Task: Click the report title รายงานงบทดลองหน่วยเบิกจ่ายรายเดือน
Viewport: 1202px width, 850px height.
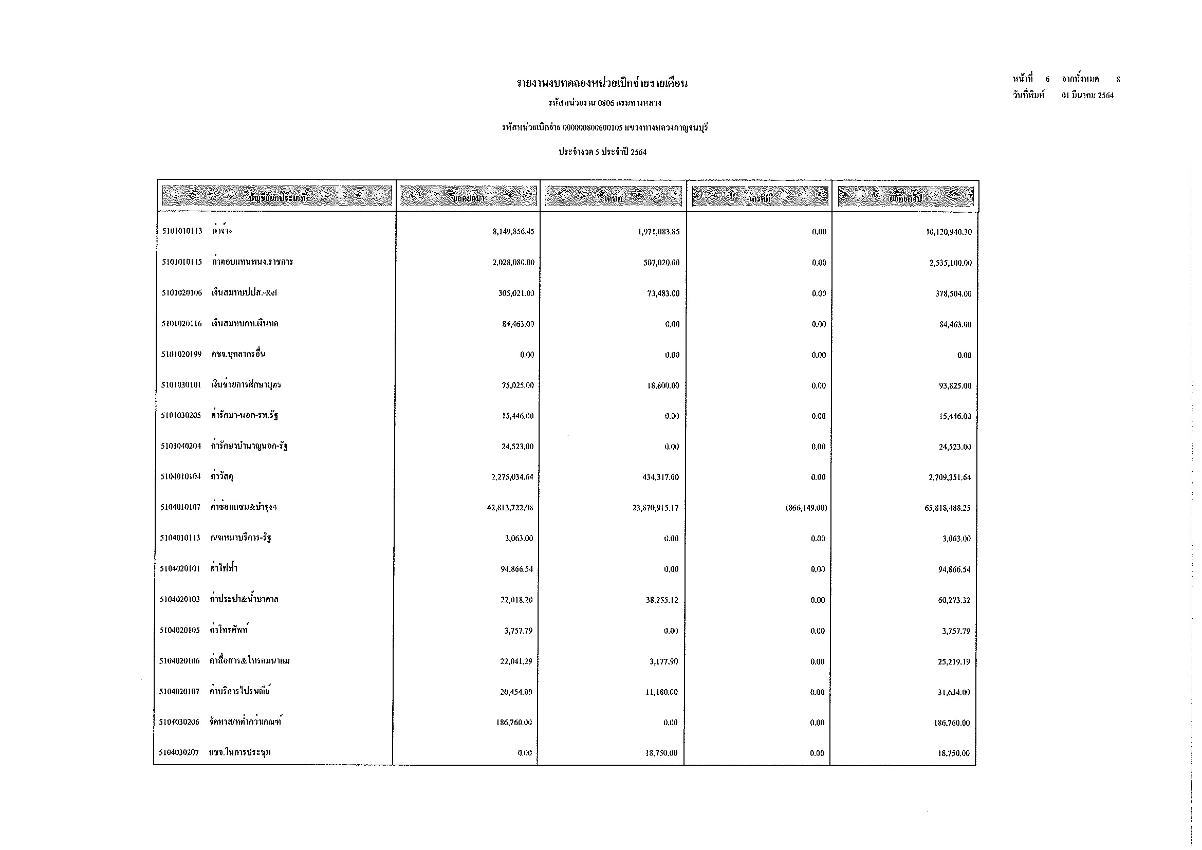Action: pos(602,83)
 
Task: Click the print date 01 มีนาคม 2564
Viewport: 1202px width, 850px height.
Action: pos(1087,95)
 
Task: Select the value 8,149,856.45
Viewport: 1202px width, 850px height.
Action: pos(513,231)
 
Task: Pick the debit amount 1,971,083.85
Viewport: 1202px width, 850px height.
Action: pos(659,231)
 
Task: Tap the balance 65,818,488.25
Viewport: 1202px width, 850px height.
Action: pos(947,508)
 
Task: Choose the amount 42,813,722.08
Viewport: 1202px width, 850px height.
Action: pos(510,508)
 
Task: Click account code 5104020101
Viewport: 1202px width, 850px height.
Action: pos(180,568)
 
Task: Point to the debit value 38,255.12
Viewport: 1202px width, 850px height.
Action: pos(662,600)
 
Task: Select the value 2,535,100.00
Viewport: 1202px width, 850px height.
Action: pos(950,263)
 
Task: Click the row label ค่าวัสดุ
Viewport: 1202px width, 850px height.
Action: pos(221,476)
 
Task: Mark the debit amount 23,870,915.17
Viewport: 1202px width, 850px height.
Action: pos(655,508)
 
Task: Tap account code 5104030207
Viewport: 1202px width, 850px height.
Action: pos(179,753)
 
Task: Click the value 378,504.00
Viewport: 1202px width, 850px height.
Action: pos(953,293)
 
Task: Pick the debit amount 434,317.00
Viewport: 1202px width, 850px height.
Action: pos(661,477)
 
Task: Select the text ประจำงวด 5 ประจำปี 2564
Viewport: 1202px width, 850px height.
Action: pos(602,152)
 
